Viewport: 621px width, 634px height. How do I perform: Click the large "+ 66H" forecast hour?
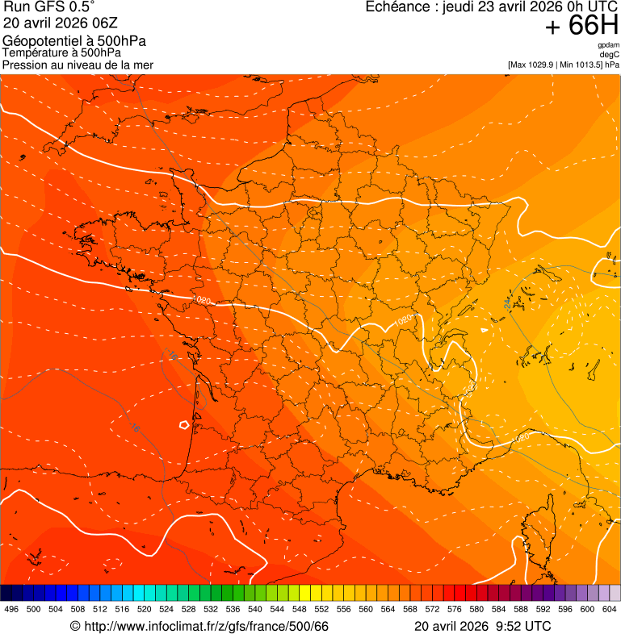581,27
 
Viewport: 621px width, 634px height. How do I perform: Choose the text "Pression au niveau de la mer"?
78,65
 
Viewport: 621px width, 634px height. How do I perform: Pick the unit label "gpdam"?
608,45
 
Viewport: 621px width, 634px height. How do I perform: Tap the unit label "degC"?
610,54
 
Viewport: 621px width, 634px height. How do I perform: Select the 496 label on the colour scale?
11,610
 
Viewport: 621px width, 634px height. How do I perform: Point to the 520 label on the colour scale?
145,610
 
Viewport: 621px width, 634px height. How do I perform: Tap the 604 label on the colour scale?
610,610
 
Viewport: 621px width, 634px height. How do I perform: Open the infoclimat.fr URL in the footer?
206,627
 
